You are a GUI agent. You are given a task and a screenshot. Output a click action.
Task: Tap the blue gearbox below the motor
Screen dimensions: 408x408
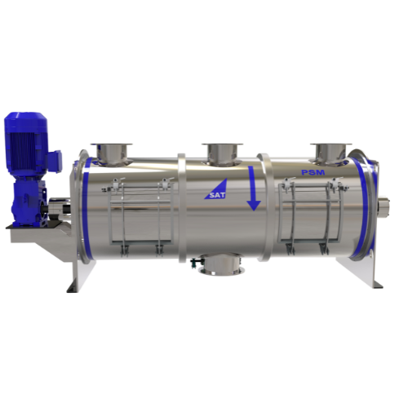27,202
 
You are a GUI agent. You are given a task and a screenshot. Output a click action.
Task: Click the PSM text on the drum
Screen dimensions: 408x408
313,172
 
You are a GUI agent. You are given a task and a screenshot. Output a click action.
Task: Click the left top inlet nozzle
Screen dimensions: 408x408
111,153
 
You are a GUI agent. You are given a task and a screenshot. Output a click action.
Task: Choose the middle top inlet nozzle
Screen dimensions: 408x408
222,153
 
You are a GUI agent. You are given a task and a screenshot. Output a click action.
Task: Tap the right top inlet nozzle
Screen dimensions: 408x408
331,153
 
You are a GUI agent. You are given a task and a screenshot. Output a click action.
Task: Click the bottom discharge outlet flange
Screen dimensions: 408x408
222,264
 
